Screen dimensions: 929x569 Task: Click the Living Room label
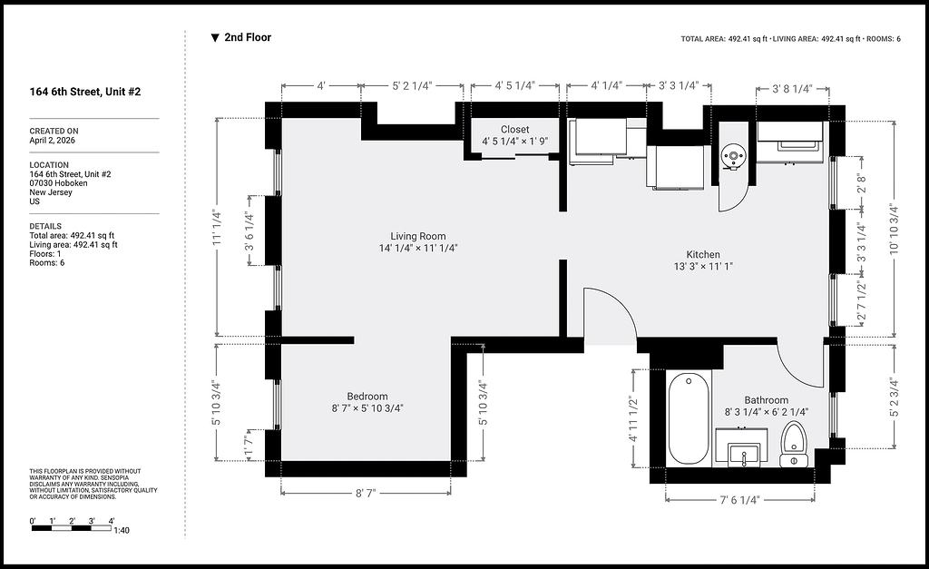(417, 236)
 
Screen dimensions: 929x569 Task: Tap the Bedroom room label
(367, 397)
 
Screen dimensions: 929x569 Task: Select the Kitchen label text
(703, 254)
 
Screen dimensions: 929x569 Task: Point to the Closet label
(515, 129)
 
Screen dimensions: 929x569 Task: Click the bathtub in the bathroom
(689, 418)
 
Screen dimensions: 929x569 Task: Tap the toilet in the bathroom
(793, 445)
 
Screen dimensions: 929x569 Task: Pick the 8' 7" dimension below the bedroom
(366, 493)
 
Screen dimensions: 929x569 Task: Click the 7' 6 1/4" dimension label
(739, 500)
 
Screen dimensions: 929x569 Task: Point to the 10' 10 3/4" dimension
(894, 230)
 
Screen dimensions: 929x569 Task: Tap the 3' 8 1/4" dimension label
(792, 89)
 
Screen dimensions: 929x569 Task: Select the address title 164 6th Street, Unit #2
(85, 92)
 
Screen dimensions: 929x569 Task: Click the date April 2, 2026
(52, 141)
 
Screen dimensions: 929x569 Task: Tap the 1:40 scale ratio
(122, 530)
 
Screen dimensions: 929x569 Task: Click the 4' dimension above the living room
(321, 85)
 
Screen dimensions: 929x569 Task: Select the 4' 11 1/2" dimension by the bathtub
(632, 418)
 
